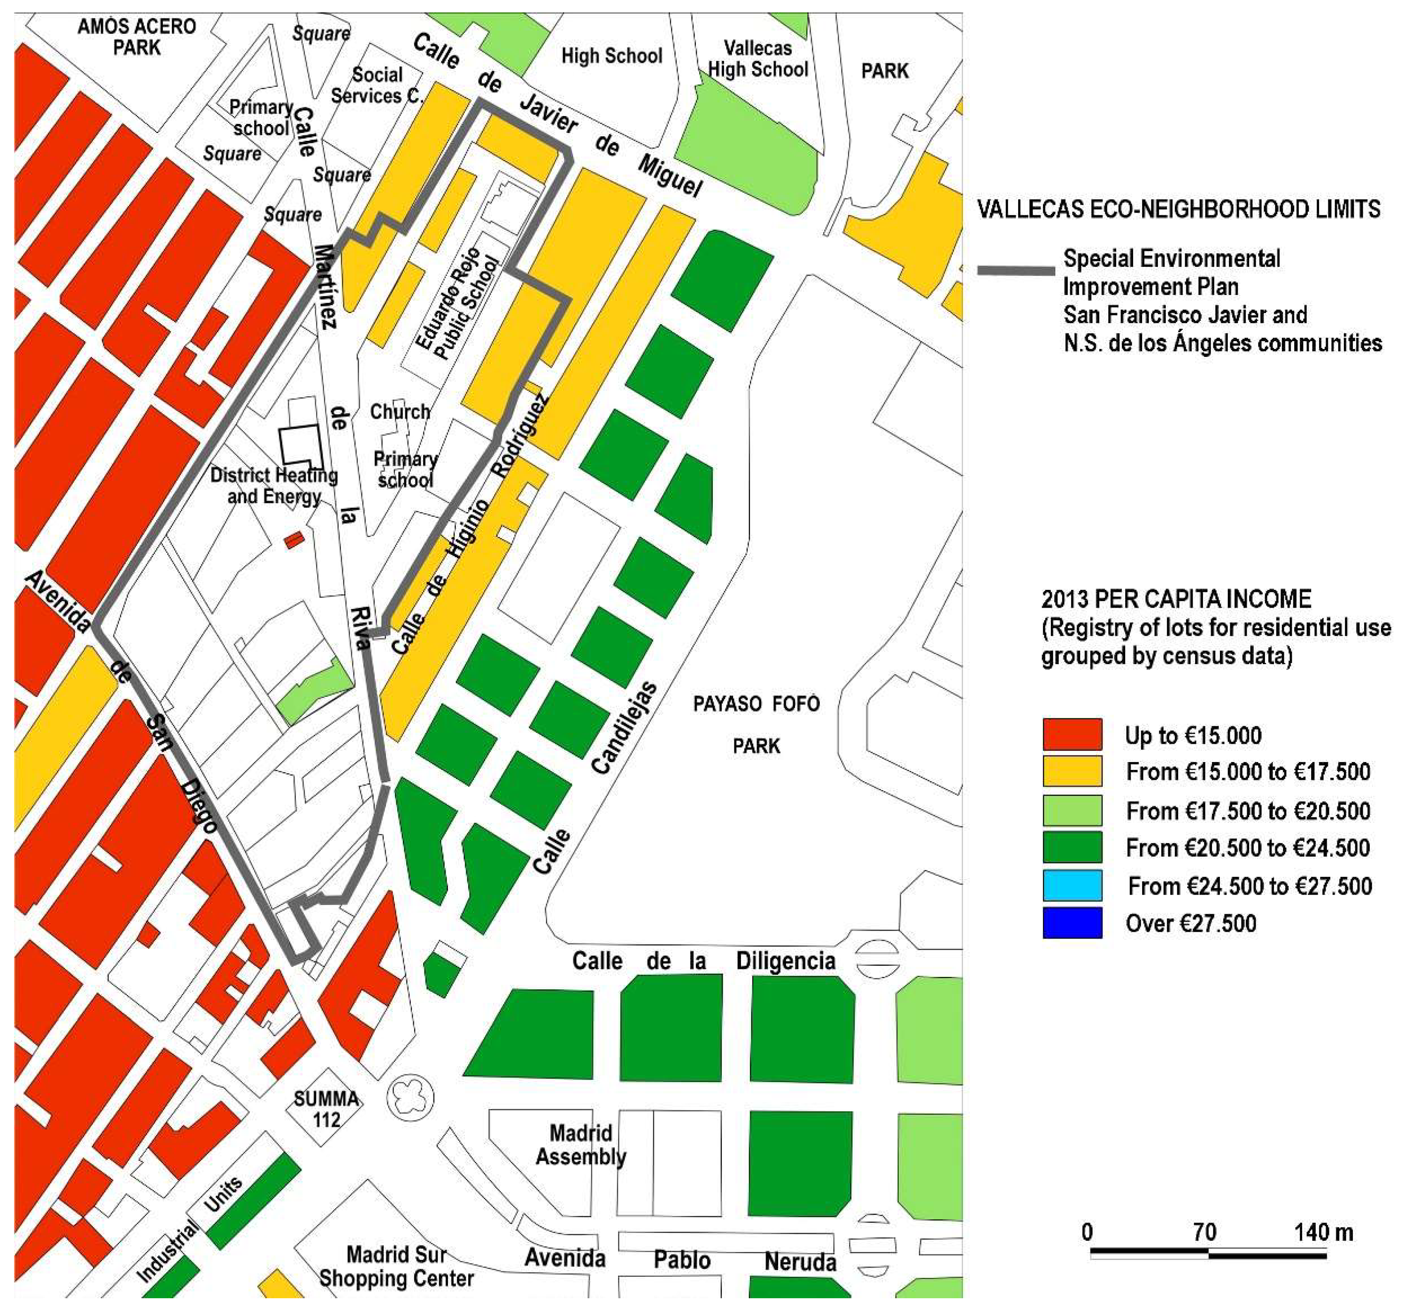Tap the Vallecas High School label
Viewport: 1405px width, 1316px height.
757,59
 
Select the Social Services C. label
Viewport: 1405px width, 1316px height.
377,86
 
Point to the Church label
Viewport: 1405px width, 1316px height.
400,412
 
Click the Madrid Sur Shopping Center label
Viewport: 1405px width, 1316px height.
396,1266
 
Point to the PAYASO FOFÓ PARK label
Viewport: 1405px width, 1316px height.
756,725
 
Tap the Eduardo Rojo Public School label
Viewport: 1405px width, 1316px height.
456,304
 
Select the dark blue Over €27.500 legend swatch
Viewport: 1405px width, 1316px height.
1072,922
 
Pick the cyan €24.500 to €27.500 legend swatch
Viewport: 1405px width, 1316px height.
1072,885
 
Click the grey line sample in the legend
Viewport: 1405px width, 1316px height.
1016,271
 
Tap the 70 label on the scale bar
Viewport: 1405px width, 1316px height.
1204,1233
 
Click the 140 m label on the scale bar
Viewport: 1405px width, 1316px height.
1323,1233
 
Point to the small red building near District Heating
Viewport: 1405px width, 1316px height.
293,540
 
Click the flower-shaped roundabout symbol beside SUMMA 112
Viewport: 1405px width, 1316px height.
411,1097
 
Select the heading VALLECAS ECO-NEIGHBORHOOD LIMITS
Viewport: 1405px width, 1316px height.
1178,209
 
